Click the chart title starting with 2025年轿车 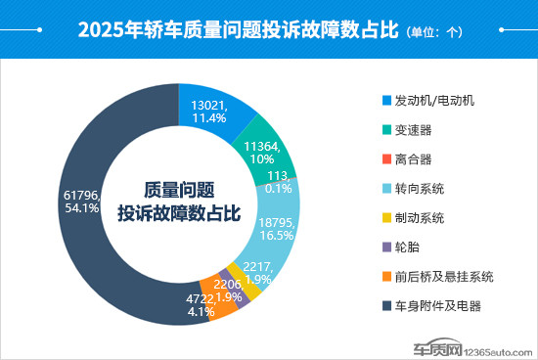point(239,29)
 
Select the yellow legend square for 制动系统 point(384,218)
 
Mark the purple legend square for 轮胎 point(384,247)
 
